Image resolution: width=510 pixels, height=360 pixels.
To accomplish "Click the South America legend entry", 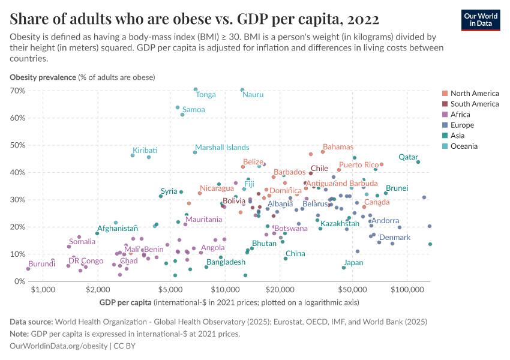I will (474, 104).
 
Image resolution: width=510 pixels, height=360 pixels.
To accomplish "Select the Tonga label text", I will (206, 95).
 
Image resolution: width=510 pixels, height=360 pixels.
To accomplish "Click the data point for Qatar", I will (418, 162).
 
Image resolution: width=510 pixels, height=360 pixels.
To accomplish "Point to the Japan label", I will (353, 263).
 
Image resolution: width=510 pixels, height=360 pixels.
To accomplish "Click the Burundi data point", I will (28, 269).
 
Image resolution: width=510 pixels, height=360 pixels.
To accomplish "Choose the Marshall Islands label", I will (222, 148).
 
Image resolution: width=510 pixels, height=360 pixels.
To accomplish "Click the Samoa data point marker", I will (182, 115).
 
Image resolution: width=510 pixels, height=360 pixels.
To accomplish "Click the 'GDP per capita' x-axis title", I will (125, 301).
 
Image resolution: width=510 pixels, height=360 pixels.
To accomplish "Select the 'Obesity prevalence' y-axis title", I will (43, 77).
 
